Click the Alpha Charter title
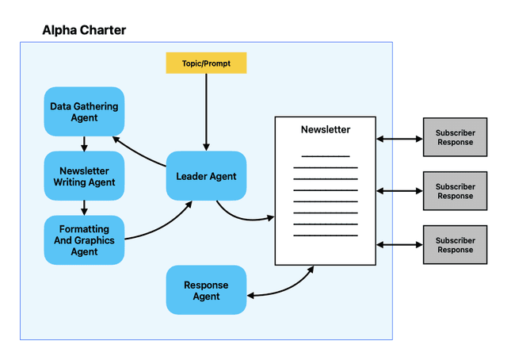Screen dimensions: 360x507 [84, 30]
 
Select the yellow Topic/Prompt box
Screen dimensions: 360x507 [206, 63]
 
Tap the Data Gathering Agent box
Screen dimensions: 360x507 [84, 111]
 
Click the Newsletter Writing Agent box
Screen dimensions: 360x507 [84, 176]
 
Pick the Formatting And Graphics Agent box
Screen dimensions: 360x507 [84, 240]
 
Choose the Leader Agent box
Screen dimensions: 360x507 [206, 176]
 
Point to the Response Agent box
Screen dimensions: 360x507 [206, 290]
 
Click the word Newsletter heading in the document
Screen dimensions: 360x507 [325, 129]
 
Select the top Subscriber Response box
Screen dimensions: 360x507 [455, 138]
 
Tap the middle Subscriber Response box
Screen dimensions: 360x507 [455, 191]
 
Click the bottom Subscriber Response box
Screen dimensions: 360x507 [455, 245]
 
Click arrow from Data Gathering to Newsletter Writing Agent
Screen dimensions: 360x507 [84, 143]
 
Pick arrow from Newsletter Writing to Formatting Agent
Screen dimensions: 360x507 [84, 207]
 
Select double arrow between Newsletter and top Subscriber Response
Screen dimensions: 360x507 [399, 139]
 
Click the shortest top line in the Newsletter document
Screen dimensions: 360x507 [325, 156]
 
